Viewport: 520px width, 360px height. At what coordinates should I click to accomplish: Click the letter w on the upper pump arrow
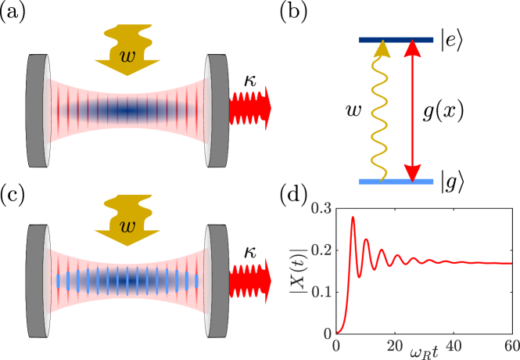(127, 56)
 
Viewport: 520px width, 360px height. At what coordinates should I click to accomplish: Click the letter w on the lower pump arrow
(127, 226)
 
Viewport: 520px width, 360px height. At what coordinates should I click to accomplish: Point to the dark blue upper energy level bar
(396, 40)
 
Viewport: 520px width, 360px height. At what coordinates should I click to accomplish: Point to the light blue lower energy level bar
(396, 182)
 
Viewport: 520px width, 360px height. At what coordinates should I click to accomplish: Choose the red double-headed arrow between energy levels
(413, 110)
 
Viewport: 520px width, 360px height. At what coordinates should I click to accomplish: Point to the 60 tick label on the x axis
(510, 346)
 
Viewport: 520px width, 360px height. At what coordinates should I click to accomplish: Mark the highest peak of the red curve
(353, 217)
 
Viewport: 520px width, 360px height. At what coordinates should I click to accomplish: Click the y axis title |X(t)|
(299, 271)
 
